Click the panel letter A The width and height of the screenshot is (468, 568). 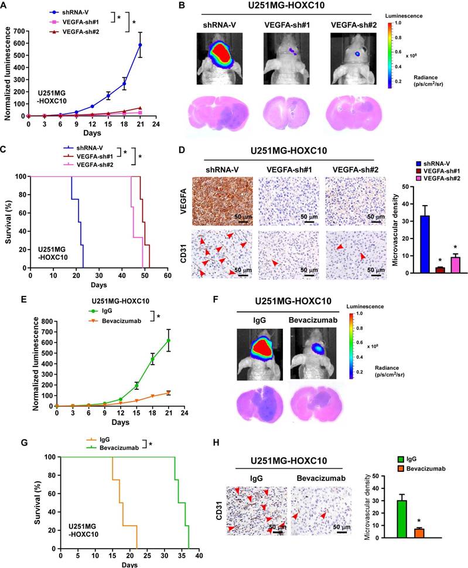tap(5, 6)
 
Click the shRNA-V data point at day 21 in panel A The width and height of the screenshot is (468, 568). tap(140, 45)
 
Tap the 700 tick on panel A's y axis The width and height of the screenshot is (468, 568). tap(23, 30)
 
